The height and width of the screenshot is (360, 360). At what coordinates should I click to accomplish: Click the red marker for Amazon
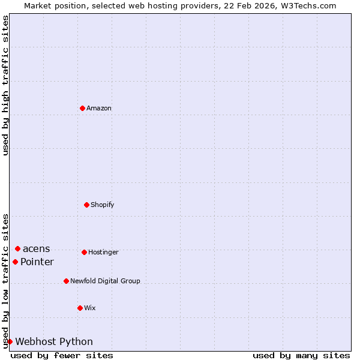[x=82, y=108]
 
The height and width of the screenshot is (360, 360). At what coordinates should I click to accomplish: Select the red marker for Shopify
[x=86, y=205]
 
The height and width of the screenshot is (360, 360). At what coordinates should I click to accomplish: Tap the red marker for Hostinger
[x=84, y=252]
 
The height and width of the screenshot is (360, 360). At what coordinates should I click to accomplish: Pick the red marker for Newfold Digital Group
[x=66, y=281]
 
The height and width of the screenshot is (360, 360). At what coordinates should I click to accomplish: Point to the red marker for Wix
[x=80, y=308]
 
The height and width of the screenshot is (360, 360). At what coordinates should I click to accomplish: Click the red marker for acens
[x=17, y=248]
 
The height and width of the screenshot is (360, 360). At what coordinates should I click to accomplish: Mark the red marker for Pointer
[x=15, y=262]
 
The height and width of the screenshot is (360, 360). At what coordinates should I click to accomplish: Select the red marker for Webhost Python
[x=10, y=341]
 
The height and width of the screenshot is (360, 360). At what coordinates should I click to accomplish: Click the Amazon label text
[x=99, y=109]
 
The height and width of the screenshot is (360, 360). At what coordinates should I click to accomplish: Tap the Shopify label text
[x=103, y=205]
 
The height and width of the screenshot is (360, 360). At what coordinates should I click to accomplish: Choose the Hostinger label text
[x=103, y=253]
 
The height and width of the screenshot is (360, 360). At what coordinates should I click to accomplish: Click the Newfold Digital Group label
[x=105, y=281]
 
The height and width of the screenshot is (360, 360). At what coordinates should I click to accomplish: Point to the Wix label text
[x=90, y=308]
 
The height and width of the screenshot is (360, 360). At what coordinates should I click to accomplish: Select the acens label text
[x=37, y=249]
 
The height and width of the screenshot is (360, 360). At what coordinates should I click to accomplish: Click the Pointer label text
[x=37, y=262]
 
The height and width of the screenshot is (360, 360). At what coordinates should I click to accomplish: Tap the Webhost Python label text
[x=54, y=342]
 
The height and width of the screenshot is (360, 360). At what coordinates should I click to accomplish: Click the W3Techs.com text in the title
[x=307, y=5]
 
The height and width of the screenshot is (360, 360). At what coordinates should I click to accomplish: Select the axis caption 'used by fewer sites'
[x=62, y=356]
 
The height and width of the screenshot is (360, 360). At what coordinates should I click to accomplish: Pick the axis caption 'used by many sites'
[x=301, y=356]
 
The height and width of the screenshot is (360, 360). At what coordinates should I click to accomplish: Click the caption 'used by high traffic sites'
[x=5, y=86]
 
